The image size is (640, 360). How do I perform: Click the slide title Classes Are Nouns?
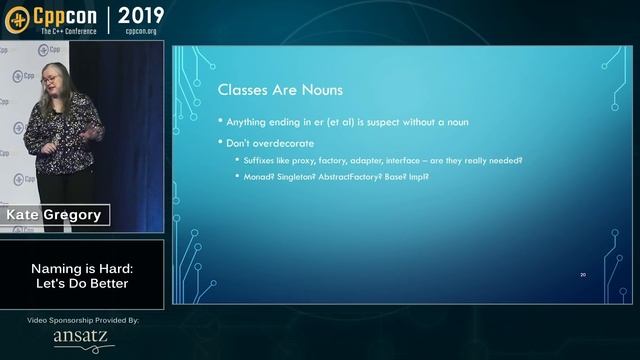(x=281, y=90)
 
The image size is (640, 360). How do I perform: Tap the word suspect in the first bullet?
(x=377, y=123)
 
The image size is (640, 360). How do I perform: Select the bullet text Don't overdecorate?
(x=270, y=143)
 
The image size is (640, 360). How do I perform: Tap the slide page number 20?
(x=583, y=274)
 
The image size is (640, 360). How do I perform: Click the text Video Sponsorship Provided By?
(x=82, y=320)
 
